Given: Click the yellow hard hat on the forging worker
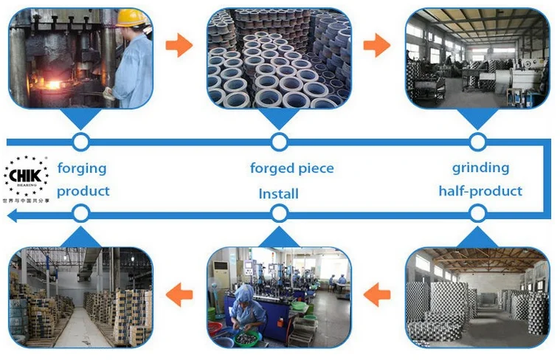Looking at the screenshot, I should tap(131, 18).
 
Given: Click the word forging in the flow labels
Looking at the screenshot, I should tap(82, 168).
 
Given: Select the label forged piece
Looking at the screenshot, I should tap(291, 168).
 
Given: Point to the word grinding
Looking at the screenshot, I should tap(480, 167).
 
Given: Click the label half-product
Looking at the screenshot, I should tap(480, 191).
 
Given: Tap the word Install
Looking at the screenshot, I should tap(278, 194).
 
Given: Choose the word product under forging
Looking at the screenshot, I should tap(83, 191).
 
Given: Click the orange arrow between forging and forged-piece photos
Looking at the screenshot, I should tap(179, 46).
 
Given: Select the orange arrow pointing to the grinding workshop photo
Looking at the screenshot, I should tap(377, 46).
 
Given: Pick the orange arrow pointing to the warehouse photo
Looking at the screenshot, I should tap(179, 295).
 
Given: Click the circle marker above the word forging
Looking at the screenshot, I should tap(81, 141).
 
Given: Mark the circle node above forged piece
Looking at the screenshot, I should tap(279, 141).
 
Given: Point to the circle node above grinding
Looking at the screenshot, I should tap(477, 141).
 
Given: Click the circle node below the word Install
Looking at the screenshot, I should tap(279, 214).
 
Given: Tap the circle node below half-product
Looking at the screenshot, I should tap(477, 214).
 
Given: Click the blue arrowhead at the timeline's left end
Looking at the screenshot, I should tap(10, 215).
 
